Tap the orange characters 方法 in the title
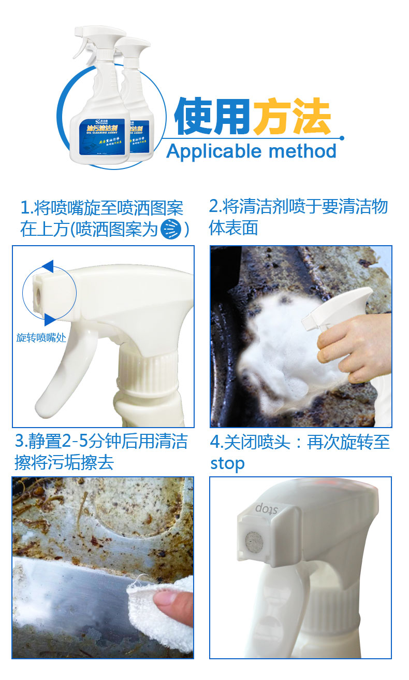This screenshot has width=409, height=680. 292,116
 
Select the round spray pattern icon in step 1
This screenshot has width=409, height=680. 170,229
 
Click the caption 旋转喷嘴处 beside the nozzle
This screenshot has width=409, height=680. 41,338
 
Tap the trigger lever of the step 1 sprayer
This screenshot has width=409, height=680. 62,373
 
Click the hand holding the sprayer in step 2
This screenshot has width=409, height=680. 347,347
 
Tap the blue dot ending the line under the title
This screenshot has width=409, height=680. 341,138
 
